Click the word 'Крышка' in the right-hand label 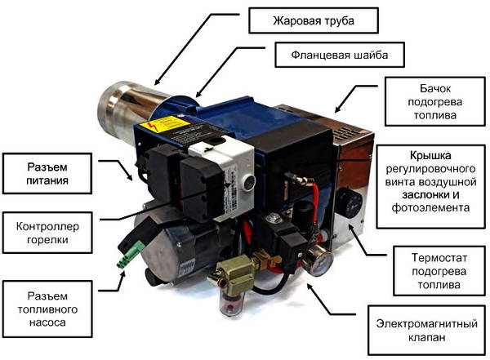pyautogui.click(x=434, y=153)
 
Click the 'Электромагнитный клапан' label pyautogui.click(x=422, y=327)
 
